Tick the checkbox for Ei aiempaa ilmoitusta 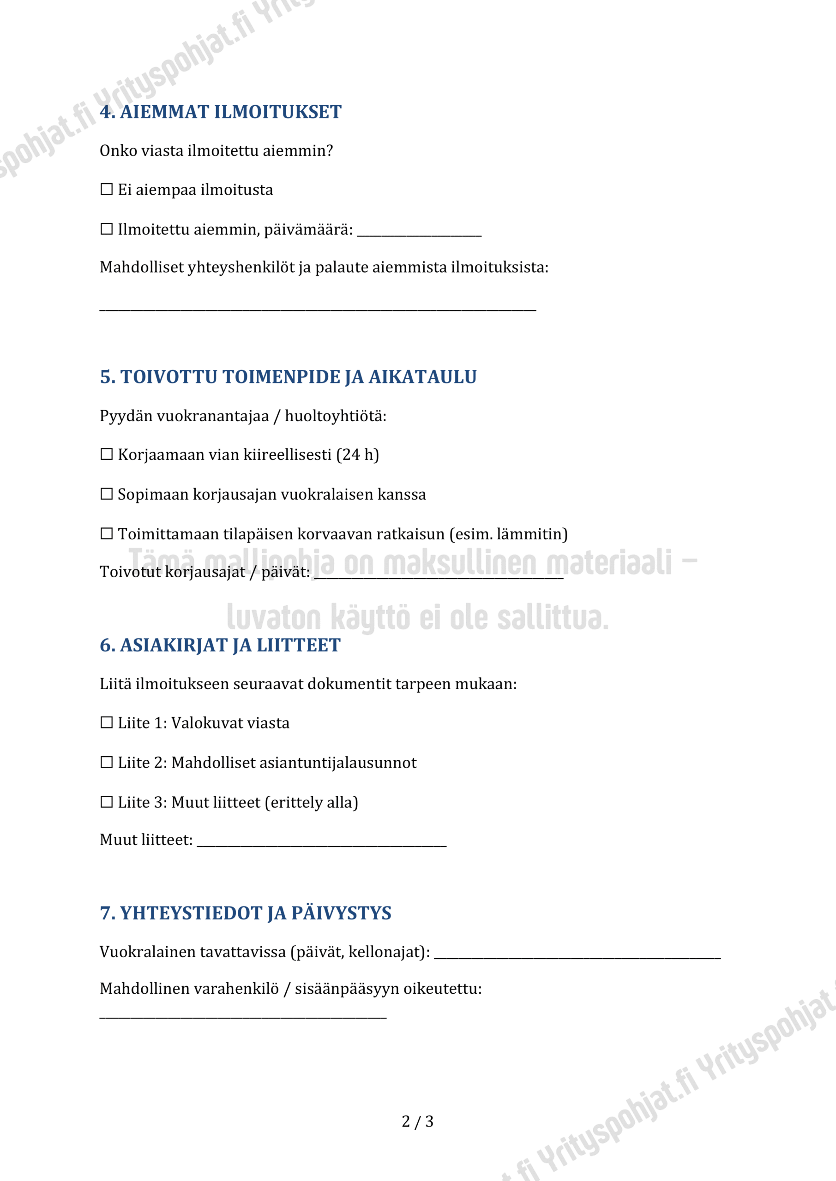point(107,189)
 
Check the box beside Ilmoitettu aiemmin point(107,229)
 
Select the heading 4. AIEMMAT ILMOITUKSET point(220,112)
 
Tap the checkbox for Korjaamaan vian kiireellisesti point(107,454)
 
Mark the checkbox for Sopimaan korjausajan point(107,494)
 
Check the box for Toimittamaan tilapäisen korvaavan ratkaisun point(107,533)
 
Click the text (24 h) point(357,455)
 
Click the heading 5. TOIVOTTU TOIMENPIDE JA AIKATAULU point(288,377)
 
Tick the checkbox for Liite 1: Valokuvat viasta point(107,723)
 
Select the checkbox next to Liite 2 point(107,762)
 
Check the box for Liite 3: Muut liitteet point(107,802)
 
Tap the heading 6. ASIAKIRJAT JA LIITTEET point(220,645)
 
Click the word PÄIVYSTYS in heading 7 point(341,913)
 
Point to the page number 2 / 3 point(417,1121)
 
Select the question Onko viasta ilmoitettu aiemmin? point(216,151)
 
